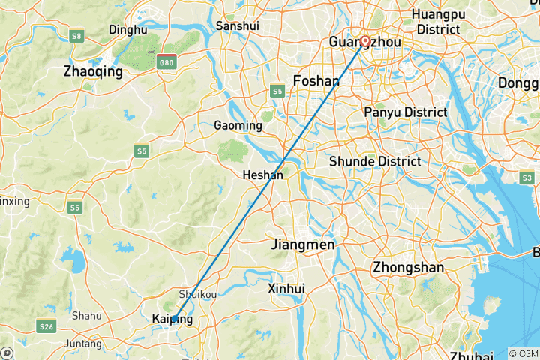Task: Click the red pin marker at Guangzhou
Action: pyautogui.click(x=365, y=42)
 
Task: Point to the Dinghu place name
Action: pyautogui.click(x=127, y=30)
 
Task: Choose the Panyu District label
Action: pyautogui.click(x=405, y=112)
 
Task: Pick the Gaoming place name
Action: pyautogui.click(x=238, y=125)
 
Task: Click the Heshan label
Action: pyautogui.click(x=263, y=175)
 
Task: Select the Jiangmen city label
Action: pyautogui.click(x=303, y=244)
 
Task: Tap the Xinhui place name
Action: pyautogui.click(x=286, y=288)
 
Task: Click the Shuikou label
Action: pyautogui.click(x=198, y=295)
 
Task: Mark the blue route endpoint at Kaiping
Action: pyautogui.click(x=174, y=319)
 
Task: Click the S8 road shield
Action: pyautogui.click(x=76, y=35)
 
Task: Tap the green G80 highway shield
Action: pyautogui.click(x=166, y=63)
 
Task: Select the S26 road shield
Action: pyautogui.click(x=48, y=325)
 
